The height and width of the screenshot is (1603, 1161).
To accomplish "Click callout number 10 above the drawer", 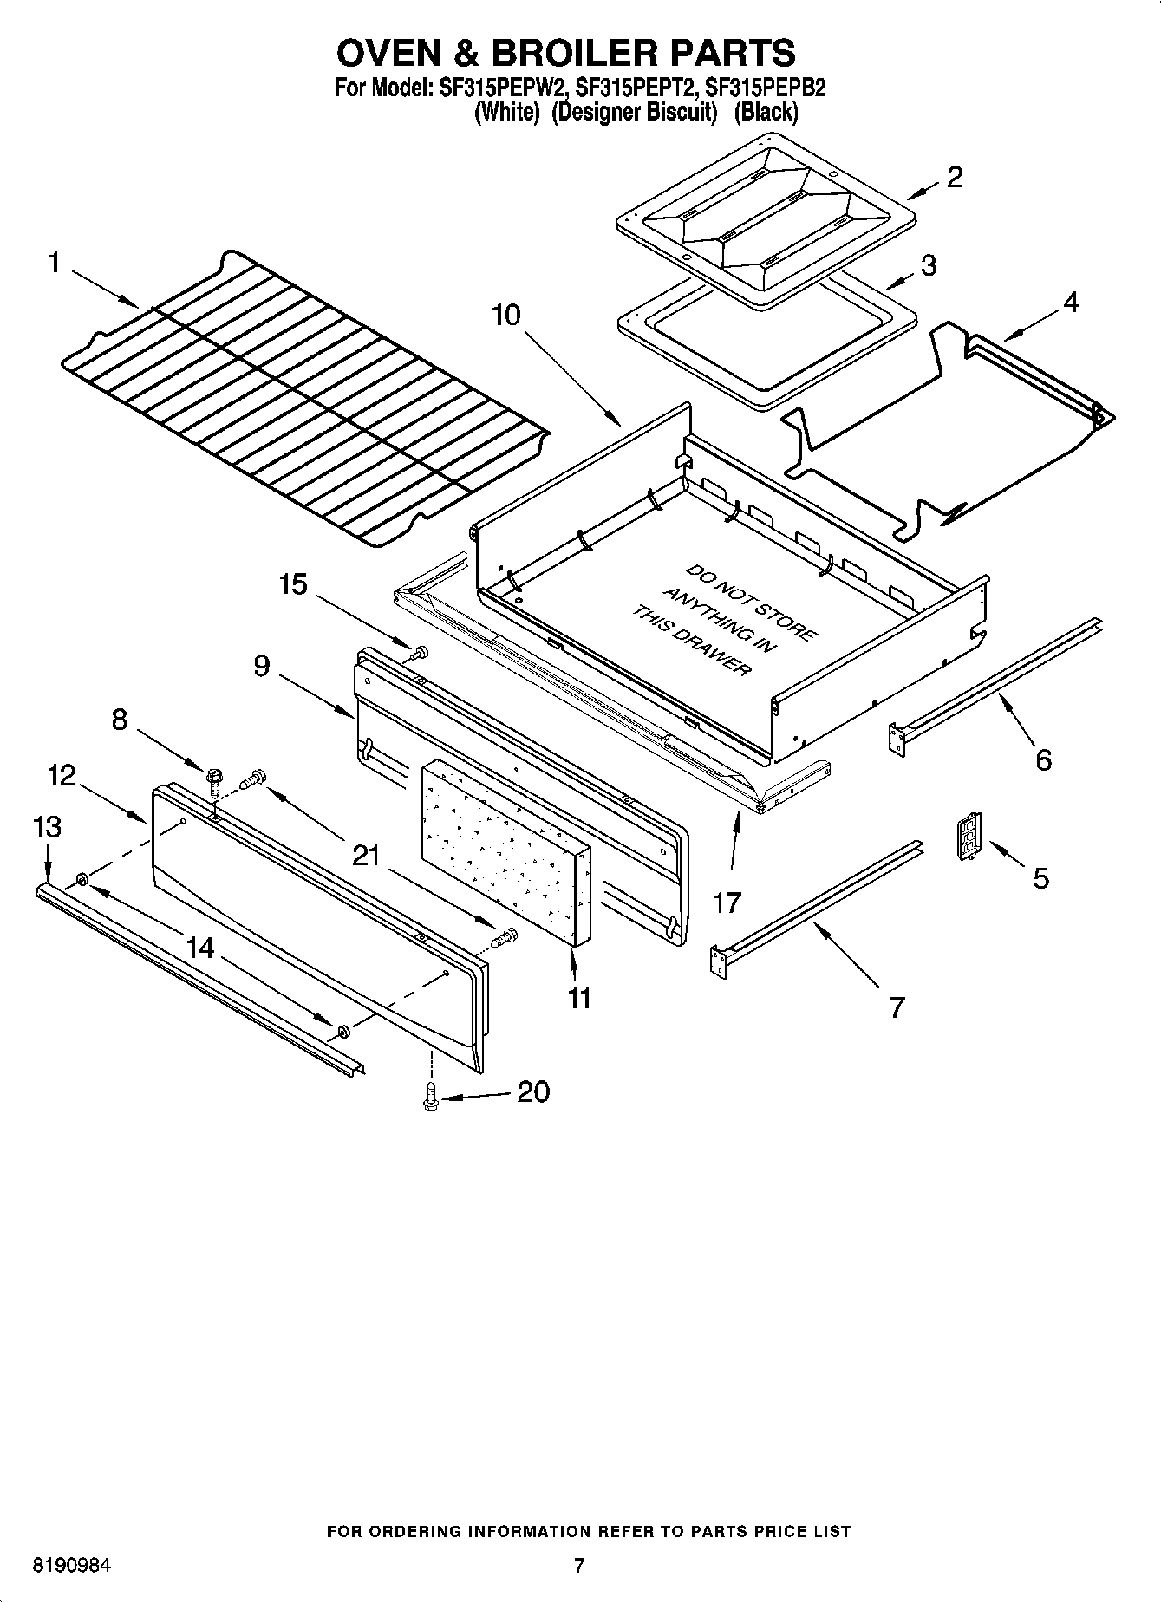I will click(x=506, y=314).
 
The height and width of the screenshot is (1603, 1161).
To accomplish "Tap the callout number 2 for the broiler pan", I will click(x=954, y=177).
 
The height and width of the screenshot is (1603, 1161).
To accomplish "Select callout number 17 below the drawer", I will click(x=727, y=903).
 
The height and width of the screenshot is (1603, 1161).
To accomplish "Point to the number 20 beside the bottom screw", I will click(x=532, y=1091).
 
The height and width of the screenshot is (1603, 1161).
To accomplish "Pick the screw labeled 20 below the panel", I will click(x=429, y=1097).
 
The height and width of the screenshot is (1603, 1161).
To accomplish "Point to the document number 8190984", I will click(x=72, y=1566).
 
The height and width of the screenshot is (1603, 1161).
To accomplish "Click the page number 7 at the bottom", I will click(x=579, y=1565).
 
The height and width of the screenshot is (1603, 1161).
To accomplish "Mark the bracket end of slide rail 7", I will click(x=717, y=961).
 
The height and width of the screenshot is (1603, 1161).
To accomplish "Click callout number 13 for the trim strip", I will click(x=47, y=826).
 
